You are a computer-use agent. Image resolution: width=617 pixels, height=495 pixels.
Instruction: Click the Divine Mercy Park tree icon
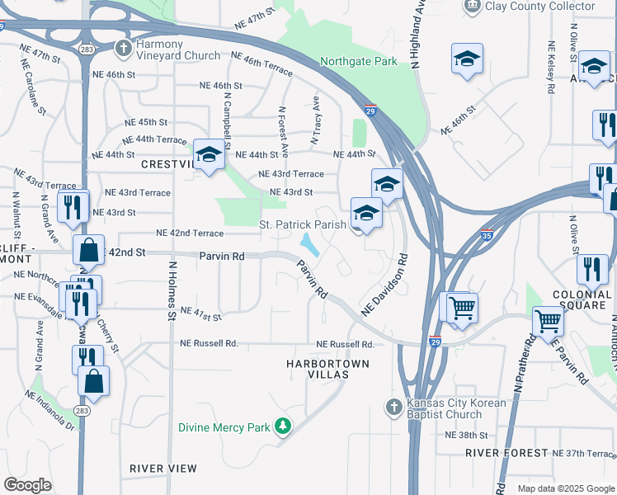(284, 427)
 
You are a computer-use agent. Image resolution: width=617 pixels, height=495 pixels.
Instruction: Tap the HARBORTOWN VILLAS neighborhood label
(328, 369)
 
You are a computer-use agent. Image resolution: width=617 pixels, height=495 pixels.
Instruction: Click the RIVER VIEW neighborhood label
(163, 469)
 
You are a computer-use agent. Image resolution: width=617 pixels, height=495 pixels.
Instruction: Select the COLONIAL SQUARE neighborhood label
(582, 300)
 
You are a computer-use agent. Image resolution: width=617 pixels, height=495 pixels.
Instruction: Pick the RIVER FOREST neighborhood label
(506, 453)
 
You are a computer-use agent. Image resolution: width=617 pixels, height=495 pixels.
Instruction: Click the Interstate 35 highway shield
(487, 235)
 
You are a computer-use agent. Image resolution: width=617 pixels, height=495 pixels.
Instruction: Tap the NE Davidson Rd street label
(385, 282)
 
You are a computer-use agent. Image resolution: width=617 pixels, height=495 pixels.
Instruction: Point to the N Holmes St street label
(172, 291)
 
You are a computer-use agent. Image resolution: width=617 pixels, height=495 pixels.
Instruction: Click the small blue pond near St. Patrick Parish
(311, 243)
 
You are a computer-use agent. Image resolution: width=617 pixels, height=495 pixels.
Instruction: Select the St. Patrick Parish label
(303, 224)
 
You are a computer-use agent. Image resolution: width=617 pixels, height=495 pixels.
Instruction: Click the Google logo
(28, 484)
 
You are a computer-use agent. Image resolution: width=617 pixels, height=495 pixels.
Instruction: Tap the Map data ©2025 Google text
(565, 488)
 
